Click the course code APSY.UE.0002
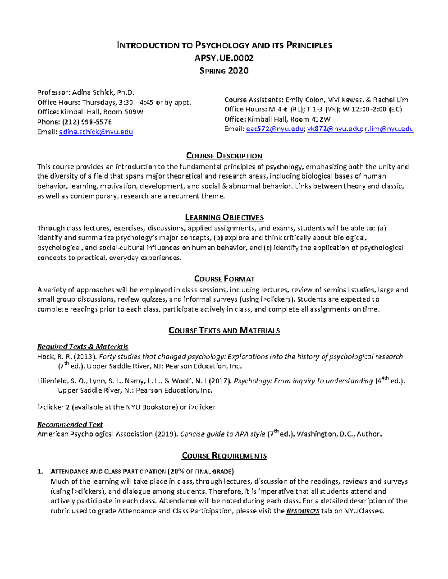[224, 58]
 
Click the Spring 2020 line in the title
[224, 71]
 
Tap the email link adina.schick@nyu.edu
[96, 132]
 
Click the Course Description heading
[224, 156]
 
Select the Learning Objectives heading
[224, 217]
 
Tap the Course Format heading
[224, 279]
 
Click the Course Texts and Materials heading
[224, 330]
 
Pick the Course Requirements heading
[224, 456]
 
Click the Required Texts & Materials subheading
[83, 347]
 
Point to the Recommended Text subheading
[70, 424]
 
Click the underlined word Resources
[302, 511]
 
